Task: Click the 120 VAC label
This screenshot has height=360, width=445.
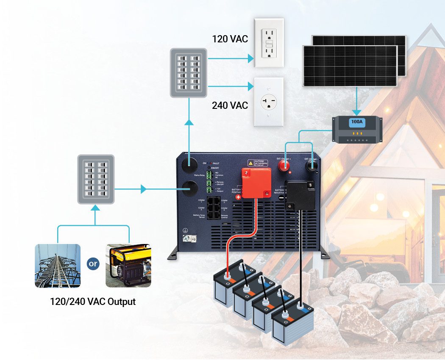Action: (x=230, y=40)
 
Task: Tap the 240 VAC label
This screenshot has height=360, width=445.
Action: (x=230, y=105)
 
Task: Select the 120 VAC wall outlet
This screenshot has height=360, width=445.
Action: (x=269, y=42)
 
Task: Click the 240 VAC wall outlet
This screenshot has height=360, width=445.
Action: (x=269, y=102)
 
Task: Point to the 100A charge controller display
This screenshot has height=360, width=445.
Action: (x=357, y=123)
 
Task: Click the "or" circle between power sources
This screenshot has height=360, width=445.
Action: (x=92, y=264)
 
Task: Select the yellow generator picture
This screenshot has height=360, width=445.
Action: (x=128, y=266)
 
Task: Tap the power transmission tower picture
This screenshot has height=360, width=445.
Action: (x=58, y=266)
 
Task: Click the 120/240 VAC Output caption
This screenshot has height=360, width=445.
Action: (x=93, y=302)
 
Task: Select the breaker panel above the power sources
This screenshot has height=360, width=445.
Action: (x=96, y=179)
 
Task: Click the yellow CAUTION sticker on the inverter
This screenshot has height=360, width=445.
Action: (x=258, y=162)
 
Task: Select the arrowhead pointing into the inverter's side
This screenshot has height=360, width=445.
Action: (x=144, y=188)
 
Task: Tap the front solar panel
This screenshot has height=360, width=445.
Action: (x=349, y=66)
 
